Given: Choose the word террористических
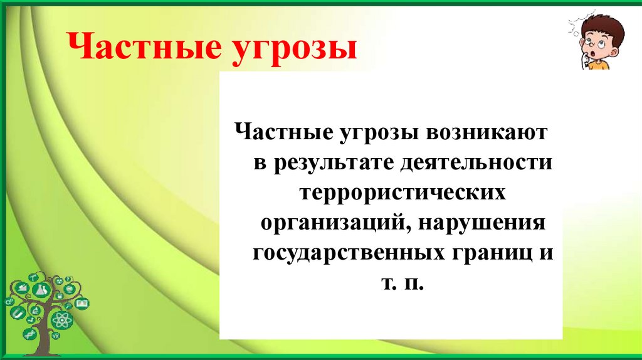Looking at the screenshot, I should [402, 193].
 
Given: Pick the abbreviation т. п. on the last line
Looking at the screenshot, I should [402, 284].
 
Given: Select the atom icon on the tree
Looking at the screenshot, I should [63, 320].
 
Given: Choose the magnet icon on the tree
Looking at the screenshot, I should [19, 313].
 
